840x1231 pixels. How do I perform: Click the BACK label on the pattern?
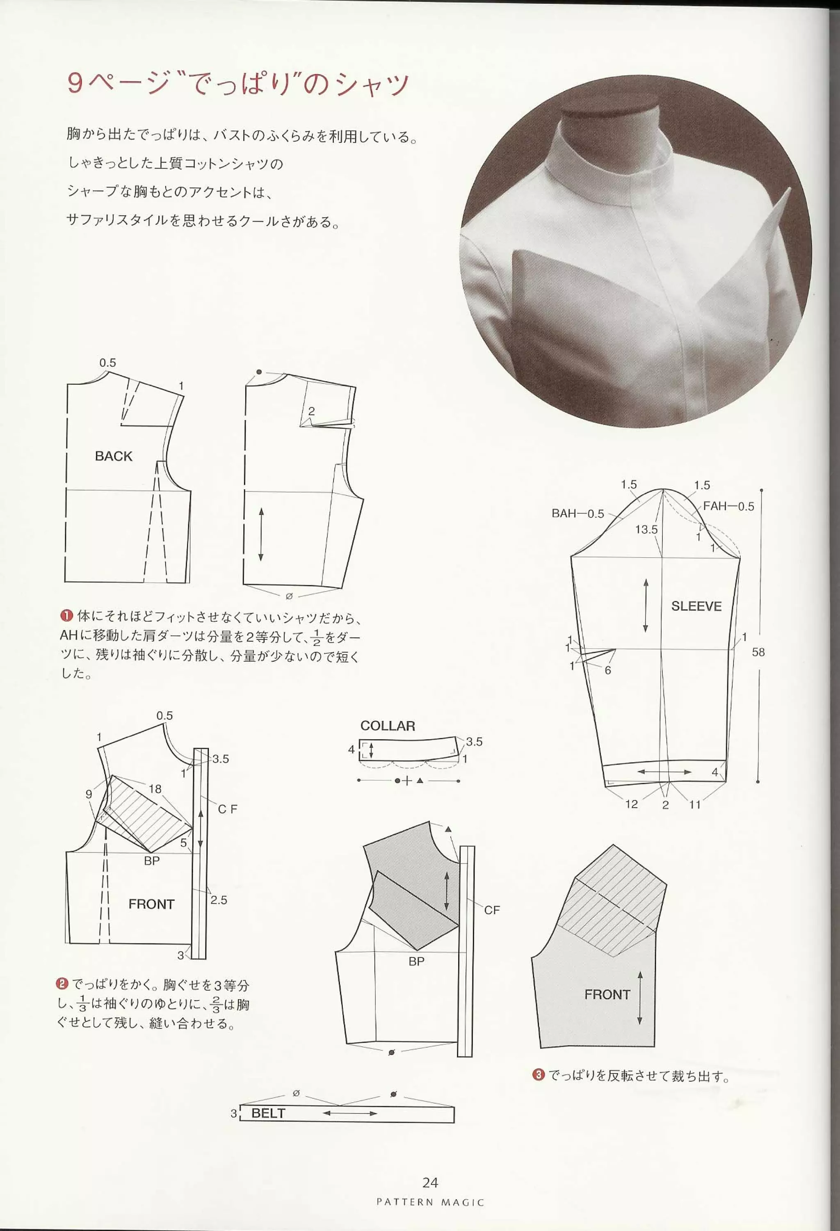tap(113, 456)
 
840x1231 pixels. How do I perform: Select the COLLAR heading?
tap(387, 726)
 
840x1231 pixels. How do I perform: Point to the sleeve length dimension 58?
tap(758, 652)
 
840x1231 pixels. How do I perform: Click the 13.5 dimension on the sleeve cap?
tap(646, 529)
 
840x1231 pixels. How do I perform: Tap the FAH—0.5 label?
tap(728, 506)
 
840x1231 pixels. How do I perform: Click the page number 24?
tap(430, 1183)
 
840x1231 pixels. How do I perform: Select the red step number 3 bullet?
tap(538, 1060)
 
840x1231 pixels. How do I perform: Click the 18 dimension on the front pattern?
tap(155, 789)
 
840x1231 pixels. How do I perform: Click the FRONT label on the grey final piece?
tap(607, 994)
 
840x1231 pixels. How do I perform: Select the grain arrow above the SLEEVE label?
tap(646, 605)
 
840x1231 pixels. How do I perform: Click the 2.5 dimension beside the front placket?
tap(218, 900)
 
